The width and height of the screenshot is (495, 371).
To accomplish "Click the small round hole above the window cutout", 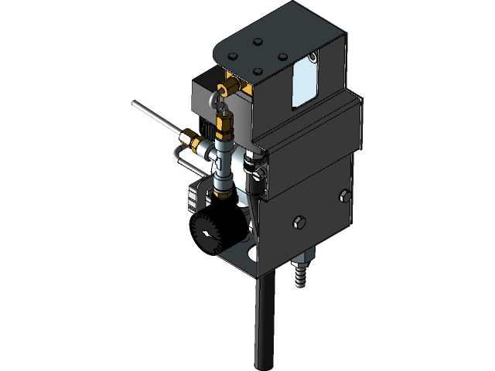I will [312, 56].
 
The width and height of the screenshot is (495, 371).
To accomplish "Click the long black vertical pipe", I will [265, 325].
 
